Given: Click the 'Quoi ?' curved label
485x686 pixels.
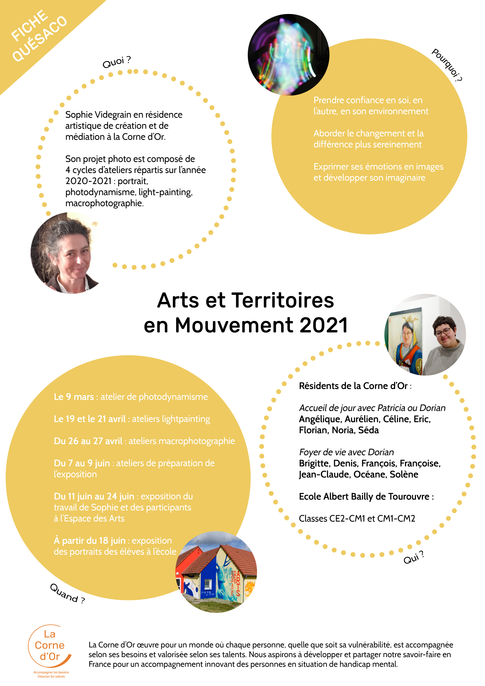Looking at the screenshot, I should coord(116,62).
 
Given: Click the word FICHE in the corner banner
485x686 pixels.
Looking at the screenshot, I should coord(29,25).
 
